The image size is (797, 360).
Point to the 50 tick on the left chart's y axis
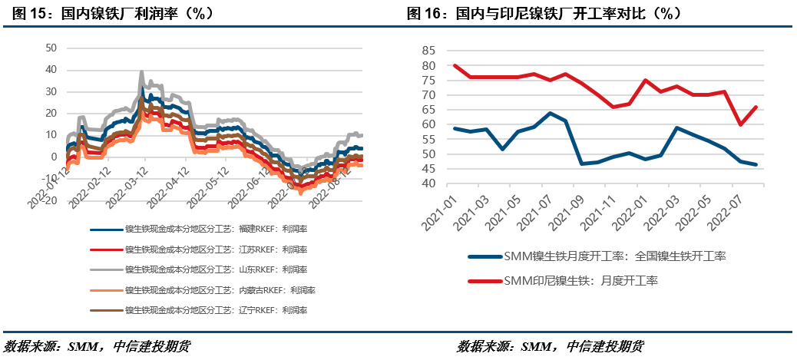pos(51,48)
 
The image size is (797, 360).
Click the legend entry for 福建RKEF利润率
pos(216,229)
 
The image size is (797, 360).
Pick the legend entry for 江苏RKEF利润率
pos(216,249)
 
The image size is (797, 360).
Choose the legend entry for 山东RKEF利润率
pos(216,269)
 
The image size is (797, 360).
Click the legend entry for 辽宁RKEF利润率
pos(216,310)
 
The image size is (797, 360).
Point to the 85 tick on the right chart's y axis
pos(429,51)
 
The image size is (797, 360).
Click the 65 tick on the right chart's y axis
pos(429,110)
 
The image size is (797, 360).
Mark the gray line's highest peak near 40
pos(141,72)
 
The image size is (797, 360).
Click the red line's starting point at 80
pos(455,65)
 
